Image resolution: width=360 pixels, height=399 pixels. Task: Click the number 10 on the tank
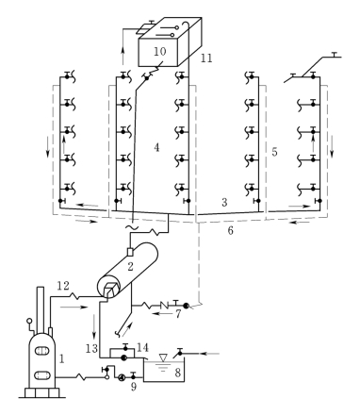pyautogui.click(x=159, y=51)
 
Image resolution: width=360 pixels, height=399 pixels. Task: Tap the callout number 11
pyautogui.click(x=206, y=58)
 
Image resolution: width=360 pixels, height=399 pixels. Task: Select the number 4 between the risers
pyautogui.click(x=156, y=147)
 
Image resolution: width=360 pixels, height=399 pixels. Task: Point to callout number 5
pyautogui.click(x=274, y=152)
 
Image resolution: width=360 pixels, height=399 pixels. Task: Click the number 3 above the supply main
pyautogui.click(x=224, y=203)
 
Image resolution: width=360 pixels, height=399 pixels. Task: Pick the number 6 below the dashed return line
pyautogui.click(x=231, y=230)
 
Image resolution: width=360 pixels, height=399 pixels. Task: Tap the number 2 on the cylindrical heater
pyautogui.click(x=130, y=266)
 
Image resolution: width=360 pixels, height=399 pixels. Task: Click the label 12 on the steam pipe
pyautogui.click(x=63, y=286)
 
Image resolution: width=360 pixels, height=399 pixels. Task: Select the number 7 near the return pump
pyautogui.click(x=178, y=314)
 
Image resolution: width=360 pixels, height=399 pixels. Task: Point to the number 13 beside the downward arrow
pyautogui.click(x=91, y=348)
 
